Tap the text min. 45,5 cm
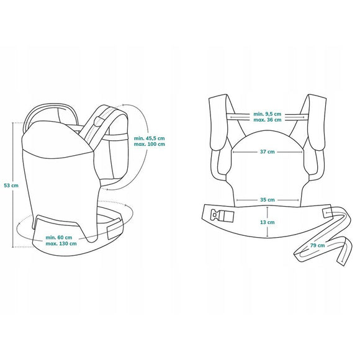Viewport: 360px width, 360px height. point(149,138)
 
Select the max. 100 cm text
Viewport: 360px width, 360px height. point(149,144)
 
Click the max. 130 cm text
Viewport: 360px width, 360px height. point(61,243)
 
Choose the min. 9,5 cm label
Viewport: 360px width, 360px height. point(268,114)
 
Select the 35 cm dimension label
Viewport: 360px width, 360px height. point(268,200)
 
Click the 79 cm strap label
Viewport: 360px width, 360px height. point(300,246)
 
